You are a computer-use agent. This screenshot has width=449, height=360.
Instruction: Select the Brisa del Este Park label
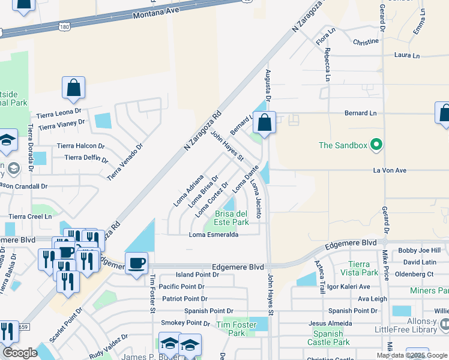click(232, 218)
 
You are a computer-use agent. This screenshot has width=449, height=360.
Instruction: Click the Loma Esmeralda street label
click(214, 235)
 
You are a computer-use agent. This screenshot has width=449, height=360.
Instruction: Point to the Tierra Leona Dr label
click(58, 112)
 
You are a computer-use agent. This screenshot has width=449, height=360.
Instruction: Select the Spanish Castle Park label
click(331, 338)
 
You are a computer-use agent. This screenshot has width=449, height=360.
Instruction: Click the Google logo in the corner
click(20, 353)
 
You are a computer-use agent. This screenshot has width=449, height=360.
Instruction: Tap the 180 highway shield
click(64, 27)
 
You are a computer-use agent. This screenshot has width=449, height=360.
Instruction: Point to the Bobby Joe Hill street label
click(419, 250)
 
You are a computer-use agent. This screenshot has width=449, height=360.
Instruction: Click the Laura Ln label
click(406, 55)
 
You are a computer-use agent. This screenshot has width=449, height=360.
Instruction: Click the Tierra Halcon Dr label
click(80, 146)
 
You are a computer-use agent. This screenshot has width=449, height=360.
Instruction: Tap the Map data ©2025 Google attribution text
click(412, 355)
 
